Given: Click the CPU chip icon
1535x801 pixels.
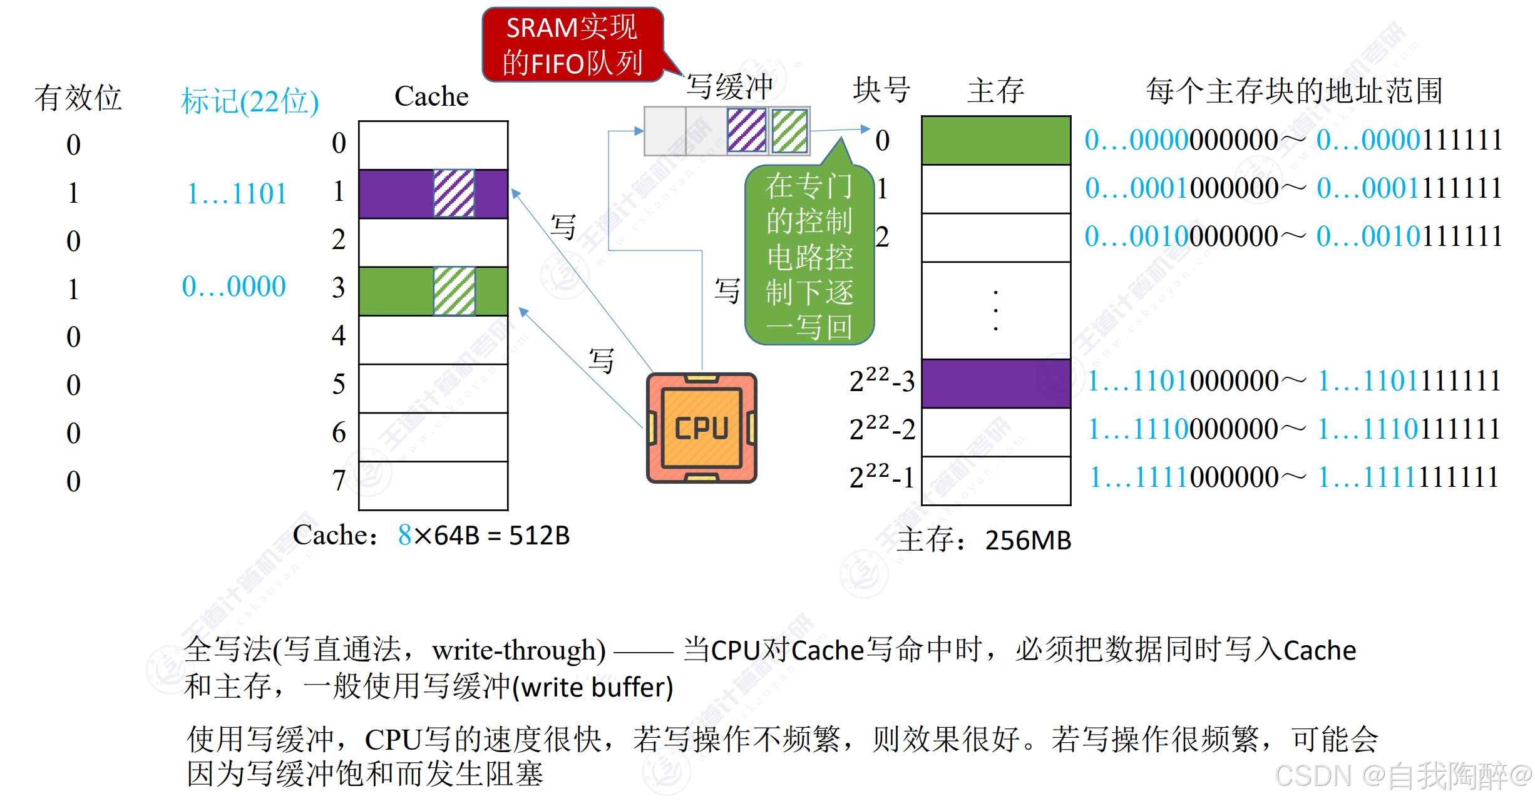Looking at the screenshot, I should [x=701, y=429].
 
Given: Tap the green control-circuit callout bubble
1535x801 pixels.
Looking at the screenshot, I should [x=809, y=257].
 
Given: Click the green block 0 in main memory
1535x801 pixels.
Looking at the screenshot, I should [x=995, y=140].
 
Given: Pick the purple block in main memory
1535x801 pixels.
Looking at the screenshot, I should [x=995, y=383].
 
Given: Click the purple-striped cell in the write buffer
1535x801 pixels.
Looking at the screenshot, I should [x=747, y=131].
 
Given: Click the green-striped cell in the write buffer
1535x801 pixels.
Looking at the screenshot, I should [x=789, y=131].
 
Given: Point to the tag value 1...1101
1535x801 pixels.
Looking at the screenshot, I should [x=237, y=193].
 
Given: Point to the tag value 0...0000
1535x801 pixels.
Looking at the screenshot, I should [x=234, y=287].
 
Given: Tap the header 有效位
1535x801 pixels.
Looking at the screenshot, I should [x=78, y=98].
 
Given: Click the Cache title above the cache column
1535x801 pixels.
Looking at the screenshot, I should [x=431, y=96].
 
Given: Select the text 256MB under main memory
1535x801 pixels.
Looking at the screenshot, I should [x=1028, y=540].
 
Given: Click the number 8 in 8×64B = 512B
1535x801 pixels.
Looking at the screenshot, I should [x=404, y=535].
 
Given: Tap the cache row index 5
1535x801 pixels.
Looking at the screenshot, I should [x=338, y=384].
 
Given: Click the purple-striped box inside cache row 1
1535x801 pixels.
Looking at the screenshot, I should [x=454, y=193].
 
